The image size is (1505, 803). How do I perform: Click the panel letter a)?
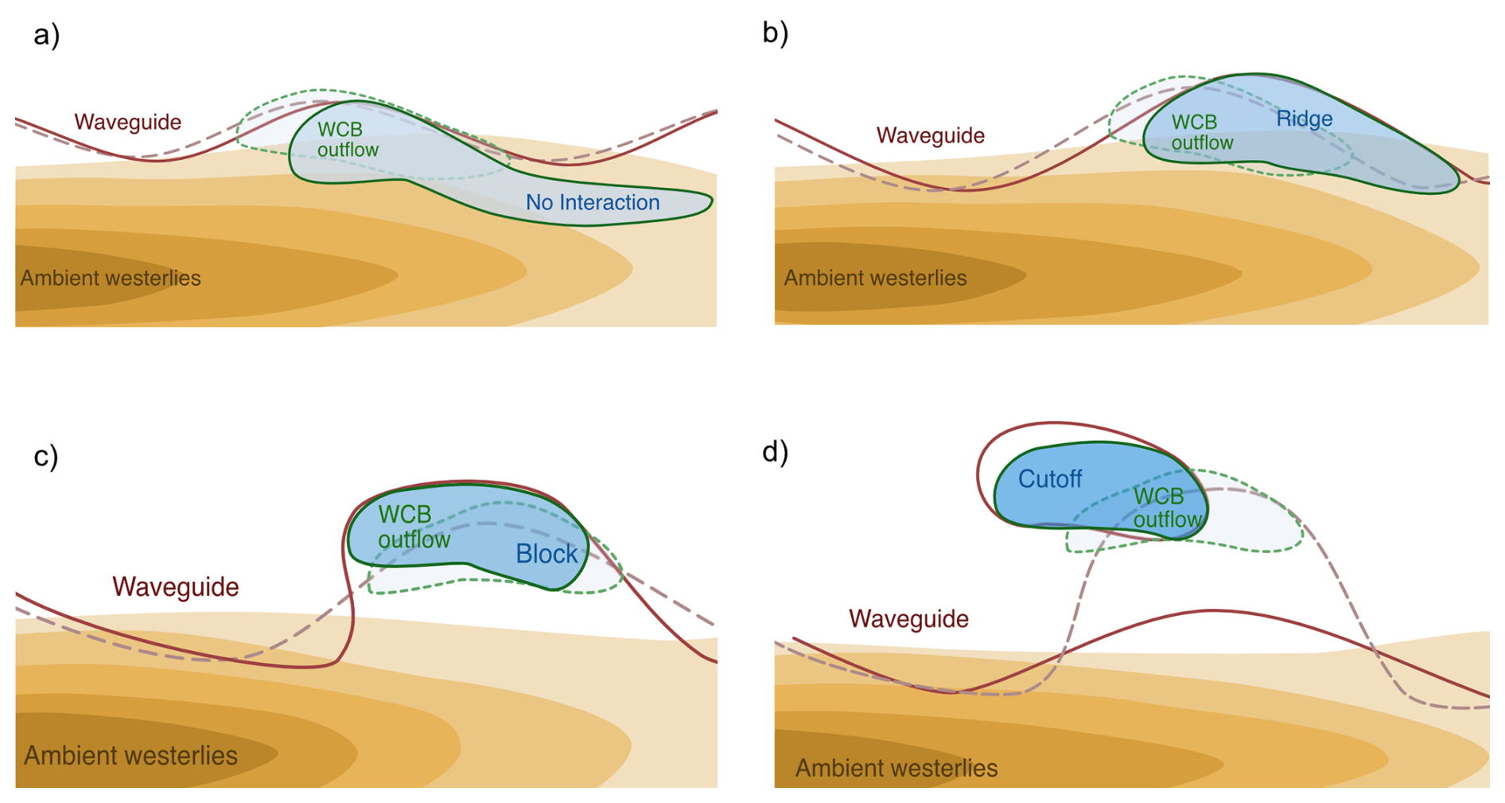46,35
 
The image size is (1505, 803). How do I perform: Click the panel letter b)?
775,33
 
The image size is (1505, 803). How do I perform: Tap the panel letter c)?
45,455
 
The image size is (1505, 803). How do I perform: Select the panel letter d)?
775,451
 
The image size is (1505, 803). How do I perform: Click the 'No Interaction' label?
593,202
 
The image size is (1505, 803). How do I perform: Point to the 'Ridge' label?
1304,119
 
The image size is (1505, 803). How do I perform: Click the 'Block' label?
546,553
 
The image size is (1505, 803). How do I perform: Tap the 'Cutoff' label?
1050,478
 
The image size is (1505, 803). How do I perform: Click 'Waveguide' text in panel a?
127,122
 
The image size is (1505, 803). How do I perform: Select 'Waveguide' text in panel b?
930,135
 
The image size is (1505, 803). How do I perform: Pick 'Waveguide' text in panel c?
175,587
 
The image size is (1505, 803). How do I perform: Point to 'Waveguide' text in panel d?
908,618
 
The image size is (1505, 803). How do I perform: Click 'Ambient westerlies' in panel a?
111,278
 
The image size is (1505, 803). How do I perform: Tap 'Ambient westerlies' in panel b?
875,278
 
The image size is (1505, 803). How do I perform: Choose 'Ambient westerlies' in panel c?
130,754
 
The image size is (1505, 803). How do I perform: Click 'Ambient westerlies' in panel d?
896,768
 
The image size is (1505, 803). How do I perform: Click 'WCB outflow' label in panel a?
348,139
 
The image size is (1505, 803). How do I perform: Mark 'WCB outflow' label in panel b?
1202,132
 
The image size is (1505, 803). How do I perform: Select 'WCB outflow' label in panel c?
414,527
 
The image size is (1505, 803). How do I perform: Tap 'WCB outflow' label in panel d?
1166,508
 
